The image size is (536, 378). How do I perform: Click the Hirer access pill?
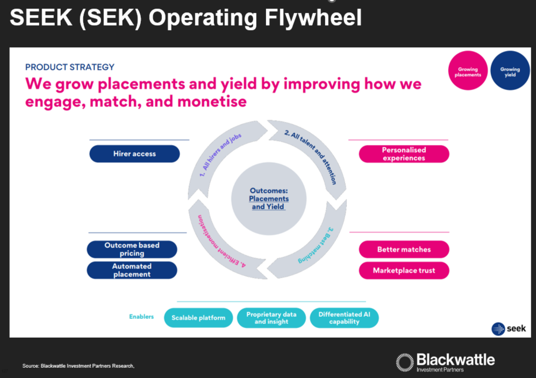click(134, 154)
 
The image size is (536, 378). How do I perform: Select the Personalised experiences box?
click(404, 154)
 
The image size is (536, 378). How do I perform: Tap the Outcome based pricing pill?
click(132, 249)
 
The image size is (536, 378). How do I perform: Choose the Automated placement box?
click(132, 270)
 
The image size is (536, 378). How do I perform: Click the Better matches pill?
click(404, 250)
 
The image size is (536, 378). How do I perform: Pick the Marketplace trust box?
click(404, 271)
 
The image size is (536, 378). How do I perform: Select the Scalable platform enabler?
click(198, 318)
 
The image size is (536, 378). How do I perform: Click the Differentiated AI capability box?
click(344, 318)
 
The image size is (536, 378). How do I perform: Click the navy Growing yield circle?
click(510, 72)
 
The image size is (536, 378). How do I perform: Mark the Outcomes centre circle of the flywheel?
click(268, 198)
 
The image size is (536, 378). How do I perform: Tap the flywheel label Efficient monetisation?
click(220, 240)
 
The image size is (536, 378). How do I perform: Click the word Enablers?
click(141, 317)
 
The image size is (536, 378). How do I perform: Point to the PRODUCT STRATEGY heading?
click(70, 67)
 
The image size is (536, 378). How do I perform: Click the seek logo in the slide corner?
click(505, 329)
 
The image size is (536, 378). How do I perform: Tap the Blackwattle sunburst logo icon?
click(405, 361)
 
